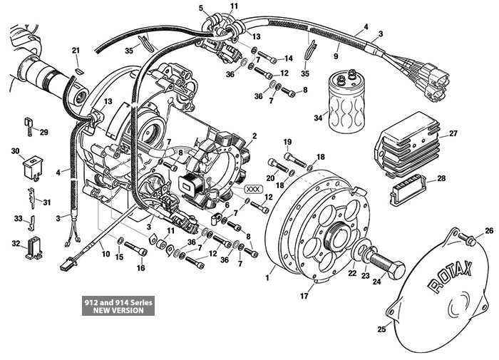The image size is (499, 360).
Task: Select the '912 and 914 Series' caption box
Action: pyautogui.click(x=117, y=306)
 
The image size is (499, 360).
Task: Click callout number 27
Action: pyautogui.click(x=453, y=133)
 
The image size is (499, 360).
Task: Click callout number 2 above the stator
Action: pyautogui.click(x=254, y=135)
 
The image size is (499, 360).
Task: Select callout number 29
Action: pyautogui.click(x=43, y=133)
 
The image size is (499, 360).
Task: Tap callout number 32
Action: pyautogui.click(x=16, y=244)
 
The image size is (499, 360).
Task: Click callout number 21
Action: pyautogui.click(x=76, y=49)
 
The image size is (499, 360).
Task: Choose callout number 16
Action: pyautogui.click(x=140, y=268)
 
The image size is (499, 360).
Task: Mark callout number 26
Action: pyautogui.click(x=489, y=230)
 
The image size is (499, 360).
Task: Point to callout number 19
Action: pyautogui.click(x=287, y=142)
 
